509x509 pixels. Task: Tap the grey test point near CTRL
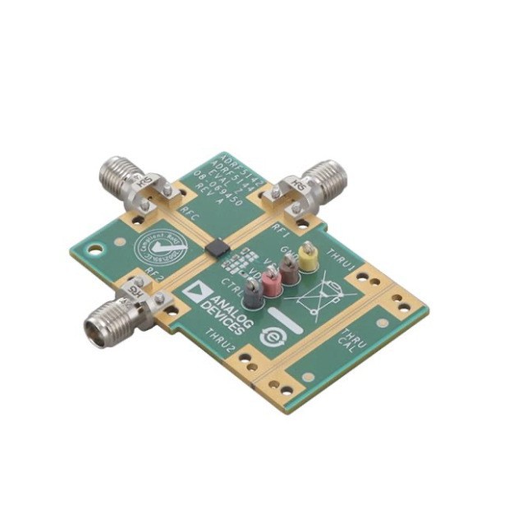pos(254,292)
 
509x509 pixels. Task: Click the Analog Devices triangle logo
pos(195,293)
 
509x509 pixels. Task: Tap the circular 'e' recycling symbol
pos(271,337)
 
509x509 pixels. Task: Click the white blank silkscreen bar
pos(287,321)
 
